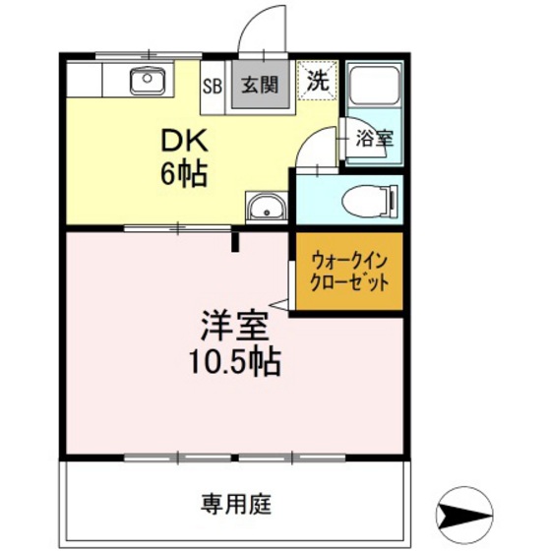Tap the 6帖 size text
point(184,174)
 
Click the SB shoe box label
point(213,85)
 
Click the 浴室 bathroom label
point(374,139)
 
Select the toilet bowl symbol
point(370,202)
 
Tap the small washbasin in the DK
point(265,208)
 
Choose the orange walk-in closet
point(349,273)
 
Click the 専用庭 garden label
point(236,506)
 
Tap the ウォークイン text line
point(349,261)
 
